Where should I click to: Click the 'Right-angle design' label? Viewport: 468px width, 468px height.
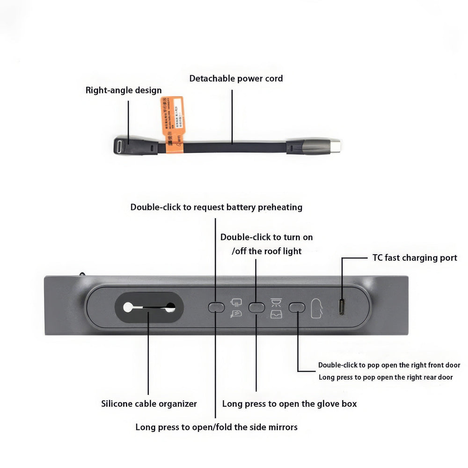124,90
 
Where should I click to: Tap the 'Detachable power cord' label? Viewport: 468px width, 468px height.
236,78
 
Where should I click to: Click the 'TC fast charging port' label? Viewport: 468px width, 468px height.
415,258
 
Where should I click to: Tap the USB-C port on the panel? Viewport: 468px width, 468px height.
342,307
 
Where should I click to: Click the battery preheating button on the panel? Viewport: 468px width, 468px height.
216,307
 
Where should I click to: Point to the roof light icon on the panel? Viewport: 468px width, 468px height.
276,302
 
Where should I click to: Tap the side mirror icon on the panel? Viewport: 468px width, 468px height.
235,303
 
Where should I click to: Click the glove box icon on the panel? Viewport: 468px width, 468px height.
276,314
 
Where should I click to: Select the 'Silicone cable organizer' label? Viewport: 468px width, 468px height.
149,403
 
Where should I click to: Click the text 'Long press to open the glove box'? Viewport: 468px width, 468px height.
289,403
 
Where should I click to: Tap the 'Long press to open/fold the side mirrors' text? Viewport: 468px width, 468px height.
216,427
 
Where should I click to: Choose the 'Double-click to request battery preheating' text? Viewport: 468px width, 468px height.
216,207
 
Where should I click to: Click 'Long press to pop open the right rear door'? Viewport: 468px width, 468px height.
386,377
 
